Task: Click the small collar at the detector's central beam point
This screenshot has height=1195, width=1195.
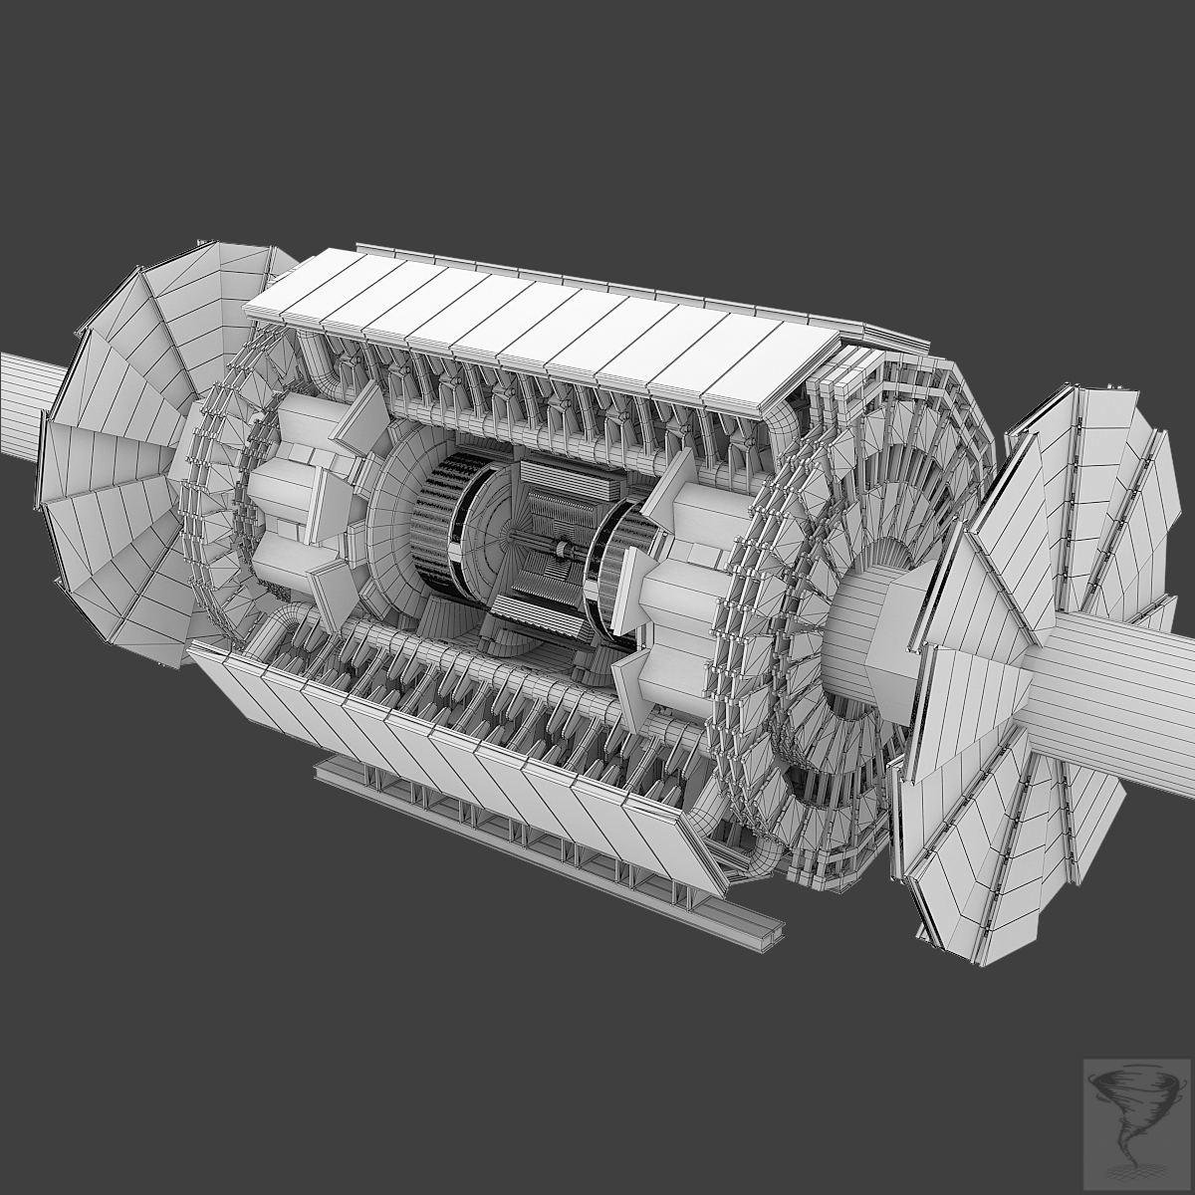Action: pyautogui.click(x=564, y=550)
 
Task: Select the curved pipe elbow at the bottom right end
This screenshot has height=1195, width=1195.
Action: pyautogui.click(x=762, y=856)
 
